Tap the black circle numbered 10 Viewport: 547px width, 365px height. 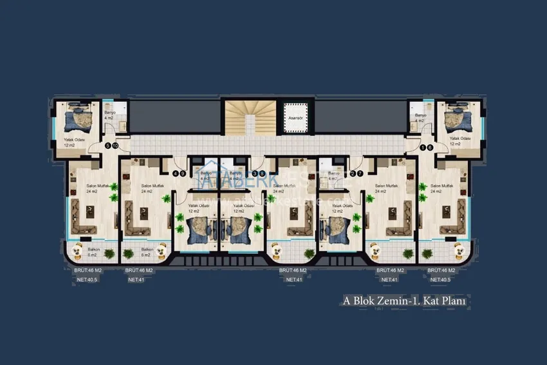point(115,146)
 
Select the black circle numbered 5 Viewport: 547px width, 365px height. point(108,146)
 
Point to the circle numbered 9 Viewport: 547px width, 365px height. point(183,173)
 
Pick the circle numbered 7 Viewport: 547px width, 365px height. point(360,173)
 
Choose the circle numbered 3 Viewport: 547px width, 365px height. point(255,173)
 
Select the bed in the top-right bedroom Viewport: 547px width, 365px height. point(458,120)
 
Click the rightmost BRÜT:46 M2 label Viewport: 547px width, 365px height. point(443,270)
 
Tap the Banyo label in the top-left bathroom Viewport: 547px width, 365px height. point(109,113)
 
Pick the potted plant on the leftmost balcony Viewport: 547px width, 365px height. point(109,253)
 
